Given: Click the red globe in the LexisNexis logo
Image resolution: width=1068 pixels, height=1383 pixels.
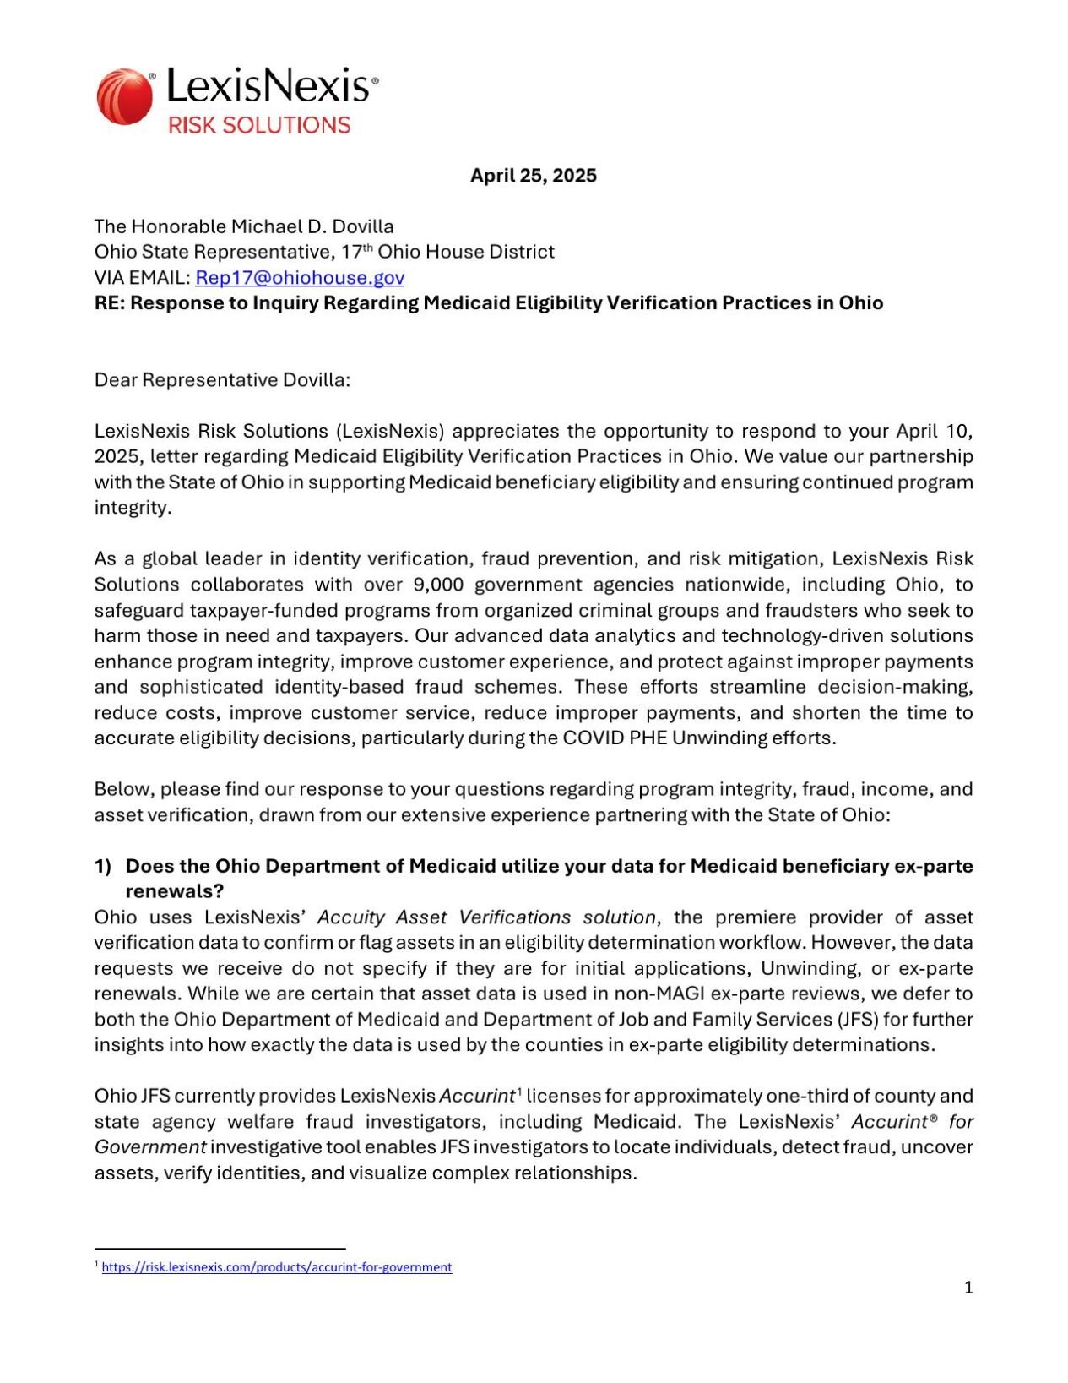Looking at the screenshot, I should point(125,97).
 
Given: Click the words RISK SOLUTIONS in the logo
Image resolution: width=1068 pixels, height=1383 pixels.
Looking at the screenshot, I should point(259,125).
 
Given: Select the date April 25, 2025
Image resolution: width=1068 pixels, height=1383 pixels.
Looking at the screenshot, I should point(533,176).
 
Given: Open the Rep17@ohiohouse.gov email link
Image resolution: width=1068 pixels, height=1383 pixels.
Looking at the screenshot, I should point(300,278).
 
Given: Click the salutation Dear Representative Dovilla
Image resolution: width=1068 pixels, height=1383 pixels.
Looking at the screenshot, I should point(222,380).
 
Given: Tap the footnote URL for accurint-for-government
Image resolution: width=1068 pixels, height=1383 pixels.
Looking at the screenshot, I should point(277,1267).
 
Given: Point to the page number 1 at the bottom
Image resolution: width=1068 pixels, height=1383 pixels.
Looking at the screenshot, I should point(968,1288).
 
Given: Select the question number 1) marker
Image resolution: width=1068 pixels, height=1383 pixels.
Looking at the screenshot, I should point(103,866).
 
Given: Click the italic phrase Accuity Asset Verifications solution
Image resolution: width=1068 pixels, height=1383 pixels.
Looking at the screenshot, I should point(487,917).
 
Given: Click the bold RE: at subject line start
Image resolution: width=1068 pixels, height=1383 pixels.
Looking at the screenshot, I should point(109,303).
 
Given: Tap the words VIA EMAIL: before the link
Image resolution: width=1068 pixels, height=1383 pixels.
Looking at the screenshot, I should point(142,278).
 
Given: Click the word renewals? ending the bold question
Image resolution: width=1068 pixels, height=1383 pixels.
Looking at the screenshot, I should point(175,891).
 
